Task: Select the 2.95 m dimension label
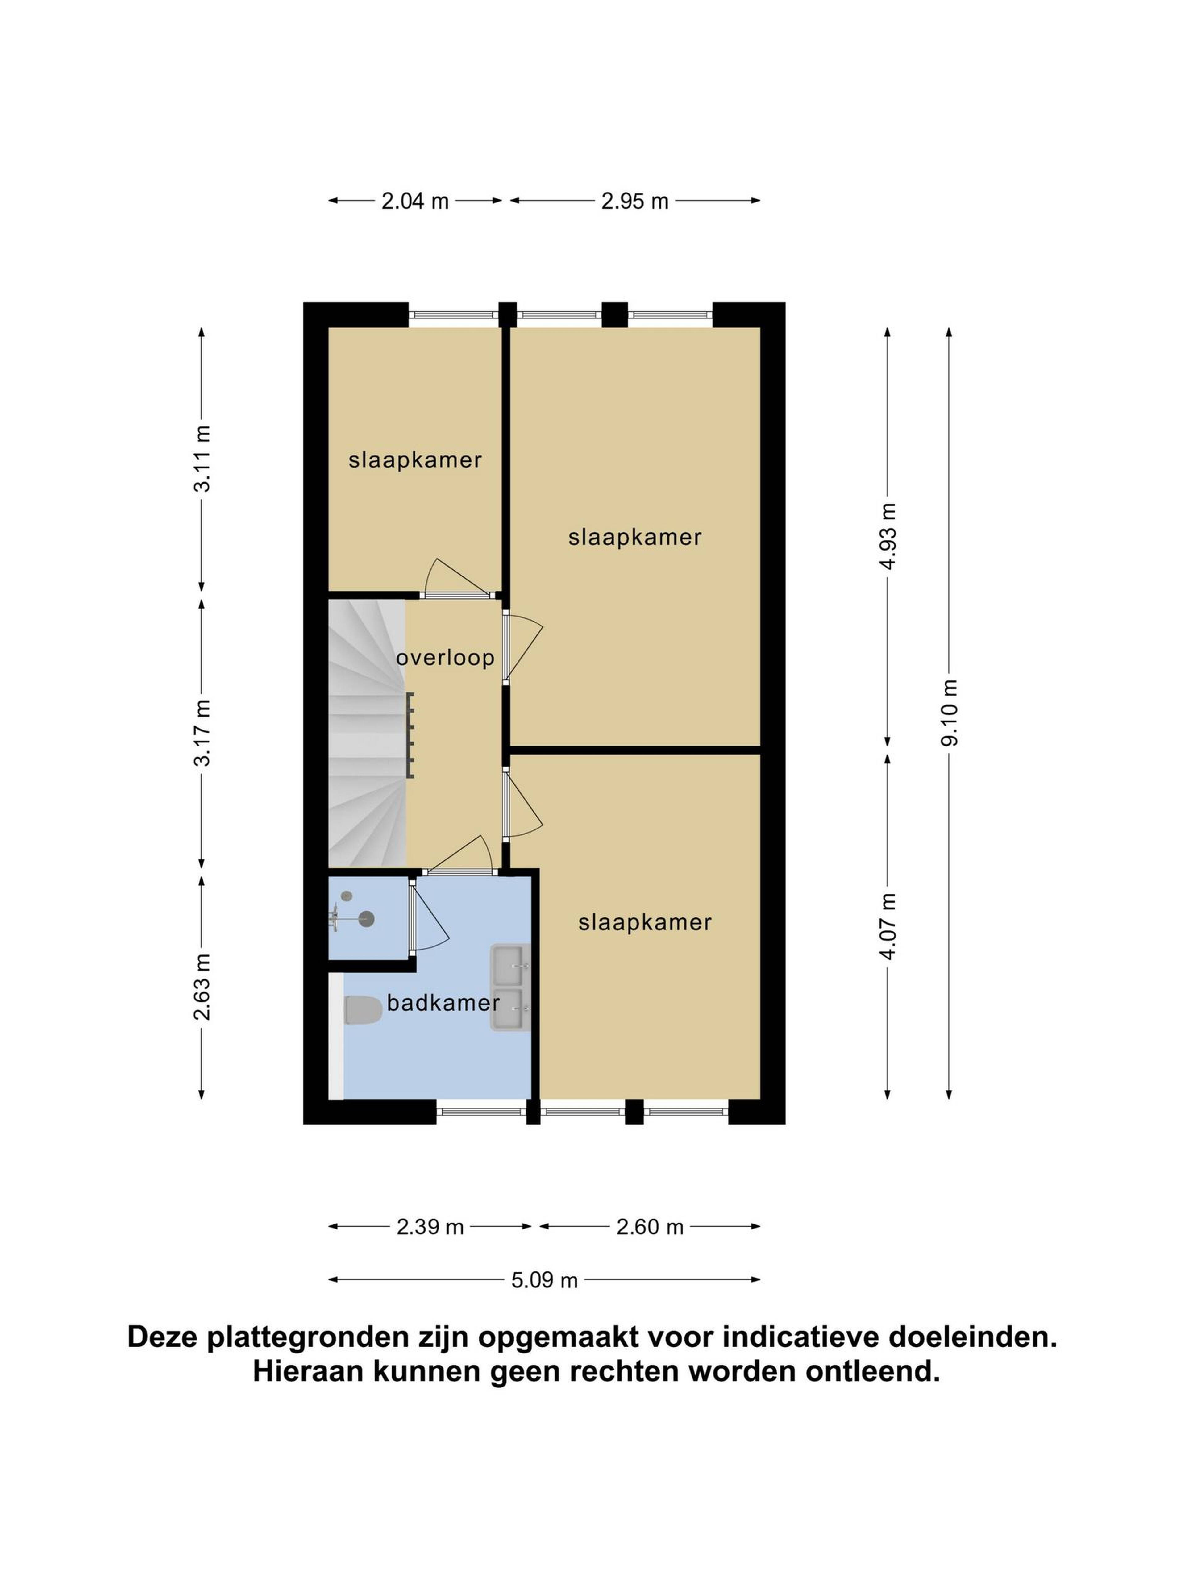click(x=634, y=202)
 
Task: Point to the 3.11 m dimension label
click(x=202, y=459)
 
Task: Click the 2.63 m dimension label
click(x=202, y=987)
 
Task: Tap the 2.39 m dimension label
click(x=430, y=1227)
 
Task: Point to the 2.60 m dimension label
click(x=650, y=1227)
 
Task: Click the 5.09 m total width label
click(x=544, y=1280)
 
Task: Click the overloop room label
click(x=445, y=657)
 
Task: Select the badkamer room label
click(x=443, y=1003)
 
